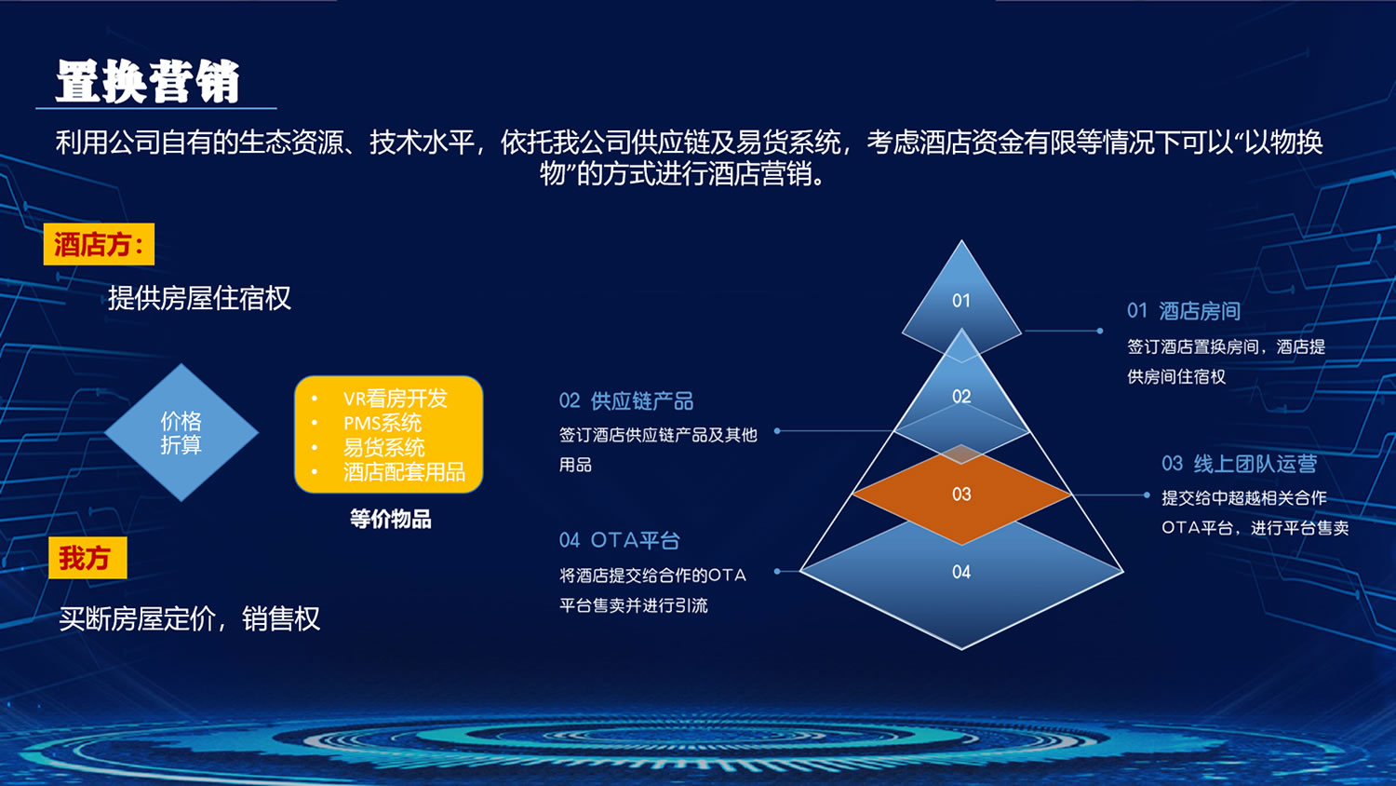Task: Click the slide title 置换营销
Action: click(148, 82)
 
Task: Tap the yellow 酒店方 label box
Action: click(99, 244)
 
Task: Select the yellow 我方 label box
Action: click(87, 558)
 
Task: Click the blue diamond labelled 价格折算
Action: click(181, 432)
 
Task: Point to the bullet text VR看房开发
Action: click(396, 399)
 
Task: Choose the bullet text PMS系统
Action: click(382, 423)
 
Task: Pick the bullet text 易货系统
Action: click(383, 447)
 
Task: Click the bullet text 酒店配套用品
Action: click(404, 471)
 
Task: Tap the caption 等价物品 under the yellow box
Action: click(391, 519)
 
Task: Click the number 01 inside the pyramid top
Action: click(961, 301)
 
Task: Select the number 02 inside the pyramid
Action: click(961, 397)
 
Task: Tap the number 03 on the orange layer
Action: click(961, 495)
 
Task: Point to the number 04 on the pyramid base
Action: click(961, 572)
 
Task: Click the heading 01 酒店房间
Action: click(1184, 311)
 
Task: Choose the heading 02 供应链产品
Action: click(626, 401)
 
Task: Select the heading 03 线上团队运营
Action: click(1239, 464)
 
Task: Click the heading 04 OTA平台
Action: click(620, 540)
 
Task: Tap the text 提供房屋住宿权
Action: click(199, 298)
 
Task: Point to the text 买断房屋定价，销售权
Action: click(190, 618)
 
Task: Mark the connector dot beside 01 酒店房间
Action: click(1100, 331)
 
